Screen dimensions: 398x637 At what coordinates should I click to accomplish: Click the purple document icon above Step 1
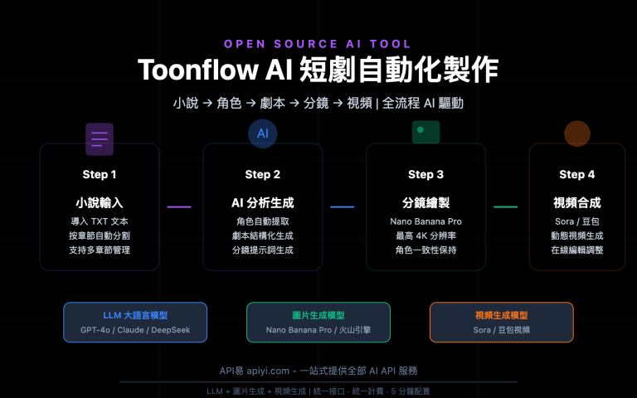[x=100, y=138]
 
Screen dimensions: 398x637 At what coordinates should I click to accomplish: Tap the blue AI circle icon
[x=262, y=133]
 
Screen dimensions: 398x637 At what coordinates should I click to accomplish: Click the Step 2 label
[x=262, y=175]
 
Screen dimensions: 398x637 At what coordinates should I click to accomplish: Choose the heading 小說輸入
[x=100, y=202]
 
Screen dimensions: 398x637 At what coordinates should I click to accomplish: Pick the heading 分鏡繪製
[x=425, y=202]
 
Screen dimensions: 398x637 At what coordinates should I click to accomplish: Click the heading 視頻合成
[x=576, y=202]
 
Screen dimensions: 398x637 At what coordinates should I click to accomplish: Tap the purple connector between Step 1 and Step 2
[x=179, y=206]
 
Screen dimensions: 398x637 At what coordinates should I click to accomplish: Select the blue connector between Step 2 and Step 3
[x=342, y=206]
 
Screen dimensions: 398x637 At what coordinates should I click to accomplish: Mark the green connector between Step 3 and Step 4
[x=505, y=206]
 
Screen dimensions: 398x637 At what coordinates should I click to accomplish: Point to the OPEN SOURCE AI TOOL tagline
[x=318, y=44]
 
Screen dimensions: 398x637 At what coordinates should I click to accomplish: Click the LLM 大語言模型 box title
[x=135, y=315]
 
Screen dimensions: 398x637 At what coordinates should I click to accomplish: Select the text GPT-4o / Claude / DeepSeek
[x=135, y=330]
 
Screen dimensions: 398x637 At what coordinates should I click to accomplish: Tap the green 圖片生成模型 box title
[x=318, y=315]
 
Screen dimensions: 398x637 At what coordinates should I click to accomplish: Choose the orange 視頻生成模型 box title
[x=501, y=315]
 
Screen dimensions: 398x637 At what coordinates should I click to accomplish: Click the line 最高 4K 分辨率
[x=425, y=235]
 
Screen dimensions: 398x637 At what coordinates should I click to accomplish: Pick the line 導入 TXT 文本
[x=100, y=221]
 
